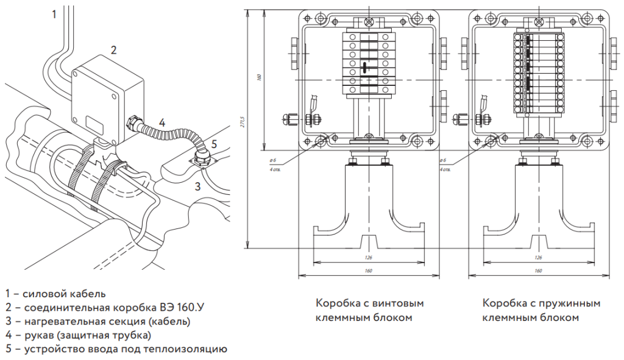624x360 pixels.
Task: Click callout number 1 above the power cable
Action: point(54,13)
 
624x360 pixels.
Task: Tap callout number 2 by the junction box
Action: point(113,49)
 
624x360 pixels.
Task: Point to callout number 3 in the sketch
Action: point(197,186)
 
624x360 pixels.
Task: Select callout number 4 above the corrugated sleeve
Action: point(161,121)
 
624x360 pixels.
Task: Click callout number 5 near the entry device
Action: point(214,144)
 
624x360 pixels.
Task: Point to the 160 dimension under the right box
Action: point(538,270)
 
